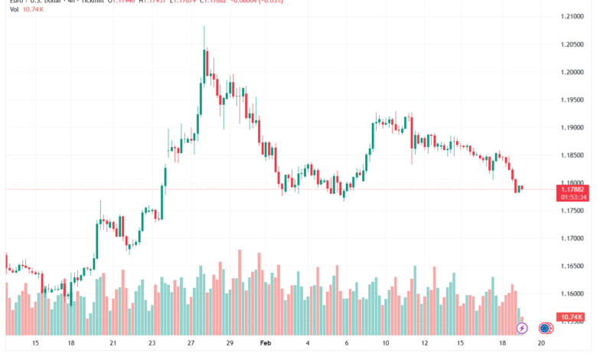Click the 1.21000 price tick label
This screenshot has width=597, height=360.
coord(573,16)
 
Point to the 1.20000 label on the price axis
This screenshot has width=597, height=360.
coord(573,72)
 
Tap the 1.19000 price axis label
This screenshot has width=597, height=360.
coord(573,127)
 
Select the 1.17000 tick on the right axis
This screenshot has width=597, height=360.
coord(573,238)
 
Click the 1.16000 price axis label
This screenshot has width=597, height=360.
coord(573,293)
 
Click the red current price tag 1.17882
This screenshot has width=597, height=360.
coord(573,188)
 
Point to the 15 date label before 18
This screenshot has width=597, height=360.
coord(34,345)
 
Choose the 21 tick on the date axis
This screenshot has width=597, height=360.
coord(113,345)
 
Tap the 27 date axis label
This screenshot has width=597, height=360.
coord(191,345)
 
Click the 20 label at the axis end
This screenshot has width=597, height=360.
coord(540,345)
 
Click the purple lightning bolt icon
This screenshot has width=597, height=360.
coord(522,328)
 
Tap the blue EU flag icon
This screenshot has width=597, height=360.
coord(544,328)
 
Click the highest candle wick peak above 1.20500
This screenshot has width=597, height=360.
coord(204,27)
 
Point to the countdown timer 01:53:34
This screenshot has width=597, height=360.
coord(573,197)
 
